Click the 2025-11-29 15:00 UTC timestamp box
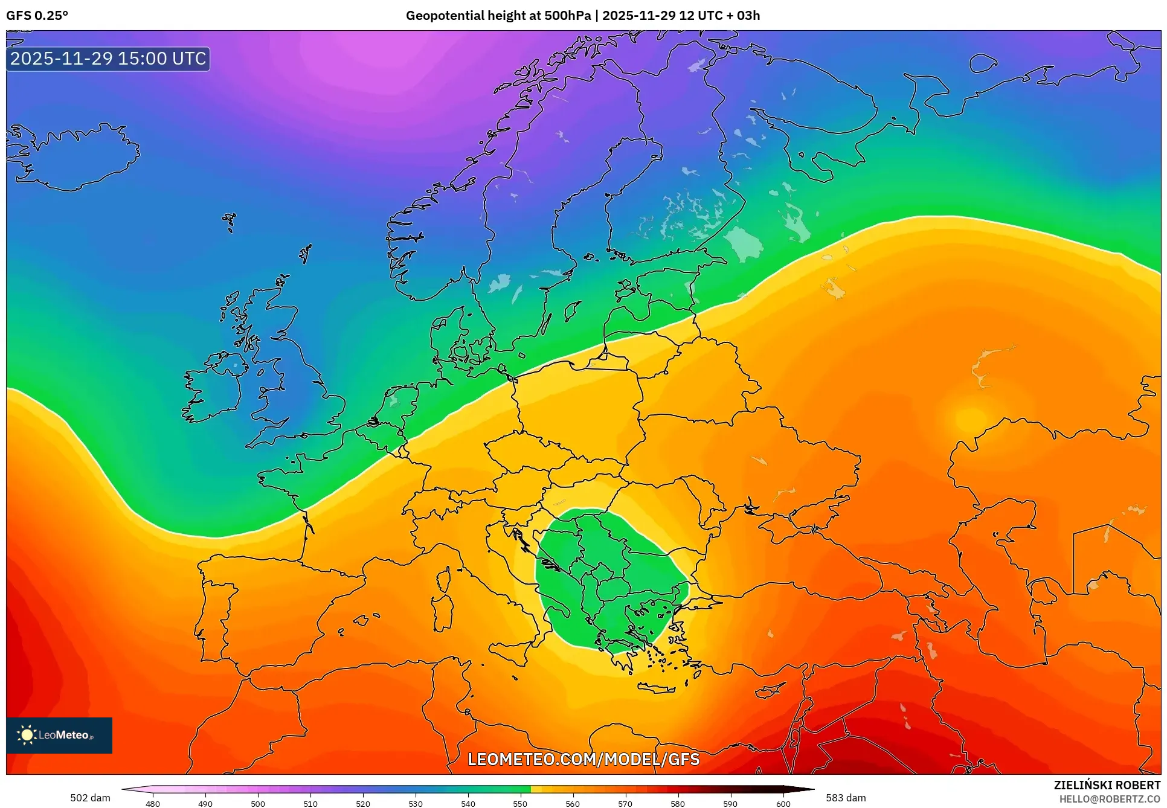pyautogui.click(x=108, y=59)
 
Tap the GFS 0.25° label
pyautogui.click(x=37, y=16)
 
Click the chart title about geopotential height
pyautogui.click(x=582, y=16)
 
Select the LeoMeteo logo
pyautogui.click(x=59, y=735)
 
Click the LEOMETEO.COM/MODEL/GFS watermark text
pyautogui.click(x=583, y=759)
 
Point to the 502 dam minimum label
pyautogui.click(x=90, y=798)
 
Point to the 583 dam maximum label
pyautogui.click(x=846, y=798)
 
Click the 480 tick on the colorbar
pyautogui.click(x=153, y=804)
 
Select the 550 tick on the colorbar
pyautogui.click(x=520, y=804)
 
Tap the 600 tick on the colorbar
pyautogui.click(x=783, y=804)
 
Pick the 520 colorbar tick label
pyautogui.click(x=363, y=804)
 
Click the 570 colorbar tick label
pyautogui.click(x=625, y=804)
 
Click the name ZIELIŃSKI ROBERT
pyautogui.click(x=1107, y=785)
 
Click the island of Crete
pyautogui.click(x=662, y=688)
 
